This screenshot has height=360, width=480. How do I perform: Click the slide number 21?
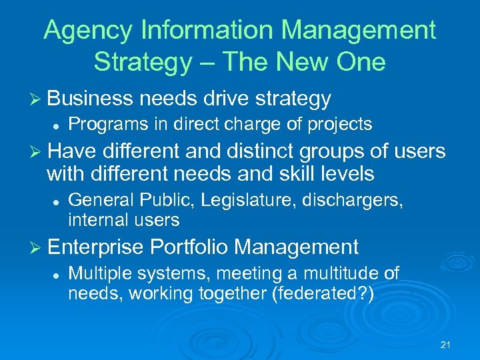(x=446, y=345)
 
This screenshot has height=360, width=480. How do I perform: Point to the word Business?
(x=90, y=99)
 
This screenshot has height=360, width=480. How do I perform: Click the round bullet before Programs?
(x=56, y=125)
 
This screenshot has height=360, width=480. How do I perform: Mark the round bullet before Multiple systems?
(x=56, y=273)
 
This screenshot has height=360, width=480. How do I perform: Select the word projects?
(x=337, y=124)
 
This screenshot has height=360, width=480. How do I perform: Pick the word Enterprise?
(x=96, y=247)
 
